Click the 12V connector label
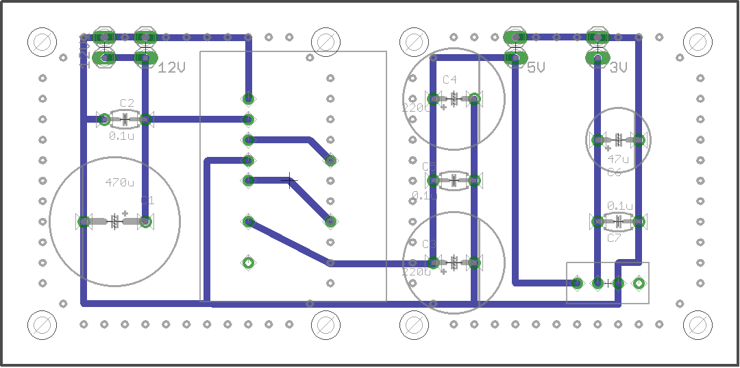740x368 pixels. [172, 67]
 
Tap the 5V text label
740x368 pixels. [536, 67]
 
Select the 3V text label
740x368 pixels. [618, 67]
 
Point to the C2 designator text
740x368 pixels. [127, 103]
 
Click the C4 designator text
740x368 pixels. [449, 80]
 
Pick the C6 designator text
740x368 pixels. [614, 172]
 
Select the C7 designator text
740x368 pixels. [614, 238]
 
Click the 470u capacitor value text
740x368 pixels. [120, 183]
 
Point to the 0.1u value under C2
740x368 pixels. [121, 136]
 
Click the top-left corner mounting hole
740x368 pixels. [40, 40]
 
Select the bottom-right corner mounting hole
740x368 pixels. [698, 325]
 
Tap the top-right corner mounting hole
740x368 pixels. [698, 40]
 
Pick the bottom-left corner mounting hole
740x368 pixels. [40, 325]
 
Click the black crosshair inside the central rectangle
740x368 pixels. [290, 181]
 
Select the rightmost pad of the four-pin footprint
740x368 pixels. [639, 282]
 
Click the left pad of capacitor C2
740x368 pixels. [104, 120]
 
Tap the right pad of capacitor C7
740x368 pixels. [639, 221]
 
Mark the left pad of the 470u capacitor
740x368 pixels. [84, 221]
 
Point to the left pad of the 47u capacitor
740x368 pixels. [598, 140]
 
